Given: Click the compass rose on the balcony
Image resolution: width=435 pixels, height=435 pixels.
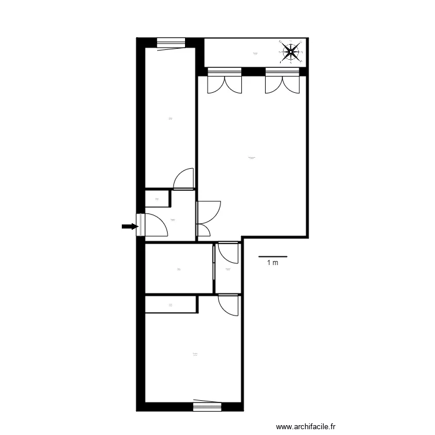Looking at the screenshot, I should (290, 52).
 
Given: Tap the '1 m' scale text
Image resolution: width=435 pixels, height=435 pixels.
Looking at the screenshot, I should (273, 263).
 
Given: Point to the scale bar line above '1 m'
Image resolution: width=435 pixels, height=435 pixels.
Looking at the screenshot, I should (273, 256).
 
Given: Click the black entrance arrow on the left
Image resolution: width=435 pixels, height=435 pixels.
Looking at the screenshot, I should (129, 227).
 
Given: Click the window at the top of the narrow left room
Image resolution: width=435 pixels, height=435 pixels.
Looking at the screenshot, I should (171, 42).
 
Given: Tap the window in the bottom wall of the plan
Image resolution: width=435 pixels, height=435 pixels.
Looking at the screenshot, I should (207, 407).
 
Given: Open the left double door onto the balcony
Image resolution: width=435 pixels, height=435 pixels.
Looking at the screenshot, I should (224, 82).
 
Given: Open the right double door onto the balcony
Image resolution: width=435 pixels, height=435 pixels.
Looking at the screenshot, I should (282, 82).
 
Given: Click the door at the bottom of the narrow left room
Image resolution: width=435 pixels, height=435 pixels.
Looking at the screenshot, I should (184, 179).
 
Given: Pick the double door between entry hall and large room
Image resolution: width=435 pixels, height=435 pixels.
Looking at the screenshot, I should (208, 219).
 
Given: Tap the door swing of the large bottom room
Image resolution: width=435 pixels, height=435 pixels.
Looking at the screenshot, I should (227, 305).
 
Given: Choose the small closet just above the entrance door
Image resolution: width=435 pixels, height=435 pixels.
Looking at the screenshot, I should (157, 198).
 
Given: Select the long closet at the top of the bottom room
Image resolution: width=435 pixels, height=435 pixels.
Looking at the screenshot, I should (171, 304).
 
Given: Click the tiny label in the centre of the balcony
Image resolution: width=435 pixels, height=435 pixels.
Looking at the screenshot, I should (255, 53).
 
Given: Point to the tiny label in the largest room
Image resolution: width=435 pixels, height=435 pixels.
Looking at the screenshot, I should (251, 158).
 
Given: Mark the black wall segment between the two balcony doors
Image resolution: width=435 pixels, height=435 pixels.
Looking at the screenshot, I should (253, 72).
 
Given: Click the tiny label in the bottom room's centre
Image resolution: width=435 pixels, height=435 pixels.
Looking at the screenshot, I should (195, 354).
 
